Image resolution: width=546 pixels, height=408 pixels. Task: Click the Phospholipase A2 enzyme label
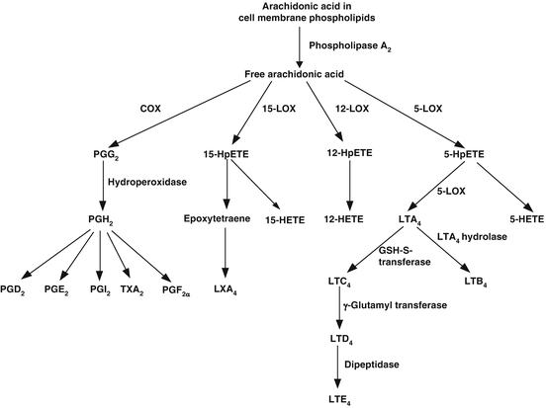click(352, 45)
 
